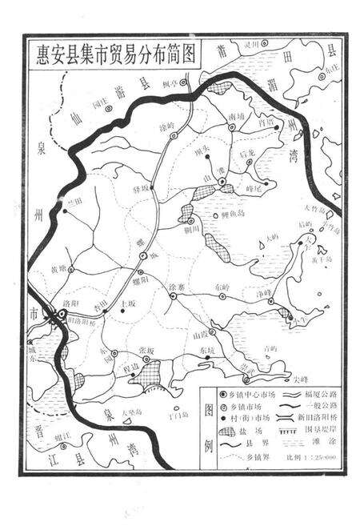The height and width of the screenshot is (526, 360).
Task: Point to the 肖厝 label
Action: (x=268, y=122)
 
